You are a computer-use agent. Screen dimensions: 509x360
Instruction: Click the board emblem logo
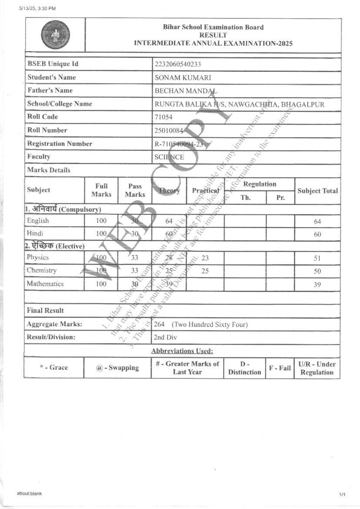55,35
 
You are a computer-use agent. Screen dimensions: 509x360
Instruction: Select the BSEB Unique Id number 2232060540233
178,64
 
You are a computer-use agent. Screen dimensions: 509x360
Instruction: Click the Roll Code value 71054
164,117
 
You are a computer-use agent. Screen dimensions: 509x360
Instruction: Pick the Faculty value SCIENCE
169,157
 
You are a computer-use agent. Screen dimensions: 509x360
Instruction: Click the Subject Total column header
317,191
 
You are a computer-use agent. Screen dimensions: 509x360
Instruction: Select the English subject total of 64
317,222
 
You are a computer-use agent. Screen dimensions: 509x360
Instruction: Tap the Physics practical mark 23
205,258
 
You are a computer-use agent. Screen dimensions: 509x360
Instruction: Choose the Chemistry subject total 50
317,271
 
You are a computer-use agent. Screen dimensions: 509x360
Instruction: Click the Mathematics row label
45,284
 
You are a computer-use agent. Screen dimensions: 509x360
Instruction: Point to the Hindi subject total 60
317,235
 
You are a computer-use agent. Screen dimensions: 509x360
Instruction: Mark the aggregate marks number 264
159,324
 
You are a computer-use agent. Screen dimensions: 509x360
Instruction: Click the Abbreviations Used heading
182,351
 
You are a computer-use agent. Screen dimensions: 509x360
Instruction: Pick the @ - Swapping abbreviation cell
118,368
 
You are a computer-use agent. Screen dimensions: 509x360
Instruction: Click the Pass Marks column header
135,190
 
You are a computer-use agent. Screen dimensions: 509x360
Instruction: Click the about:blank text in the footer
29,493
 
